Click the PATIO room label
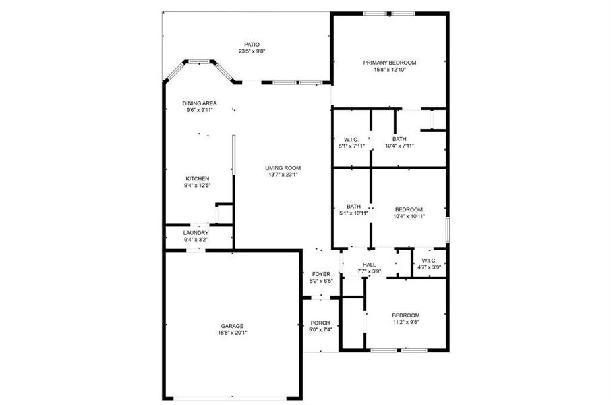click(x=252, y=44)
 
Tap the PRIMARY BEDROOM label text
click(x=390, y=63)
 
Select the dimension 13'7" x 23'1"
click(x=283, y=174)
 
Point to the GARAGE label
click(x=232, y=325)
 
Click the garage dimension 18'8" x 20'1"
click(x=232, y=332)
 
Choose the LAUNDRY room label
click(x=196, y=232)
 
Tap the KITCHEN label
click(x=198, y=178)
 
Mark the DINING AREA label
click(x=199, y=103)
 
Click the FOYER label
click(x=320, y=274)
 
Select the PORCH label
click(x=320, y=323)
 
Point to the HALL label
click(x=369, y=265)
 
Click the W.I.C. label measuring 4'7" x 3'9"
click(x=430, y=261)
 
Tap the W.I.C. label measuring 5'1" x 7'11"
click(x=351, y=139)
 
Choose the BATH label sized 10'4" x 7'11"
click(x=399, y=139)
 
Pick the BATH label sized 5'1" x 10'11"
click(x=354, y=207)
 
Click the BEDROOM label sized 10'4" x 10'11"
click(x=409, y=209)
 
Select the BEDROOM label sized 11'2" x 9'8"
click(x=406, y=315)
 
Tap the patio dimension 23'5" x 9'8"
click(x=252, y=51)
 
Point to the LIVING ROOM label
click(x=283, y=167)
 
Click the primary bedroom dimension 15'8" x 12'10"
click(x=390, y=70)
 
